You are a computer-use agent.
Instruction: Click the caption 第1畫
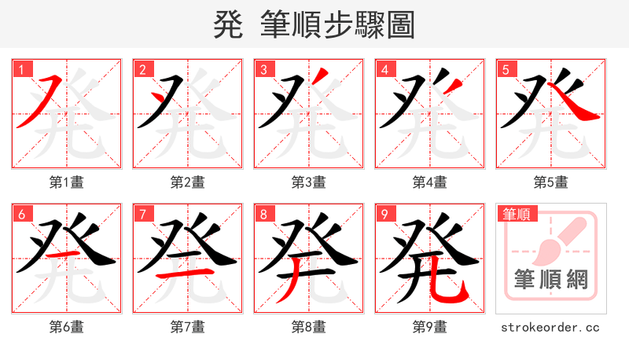coord(67,182)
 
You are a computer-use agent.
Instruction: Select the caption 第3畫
coord(309,182)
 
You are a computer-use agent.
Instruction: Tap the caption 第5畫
coord(551,182)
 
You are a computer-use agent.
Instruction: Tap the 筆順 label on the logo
coord(517,214)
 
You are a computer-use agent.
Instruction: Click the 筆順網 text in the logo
coord(550,279)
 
